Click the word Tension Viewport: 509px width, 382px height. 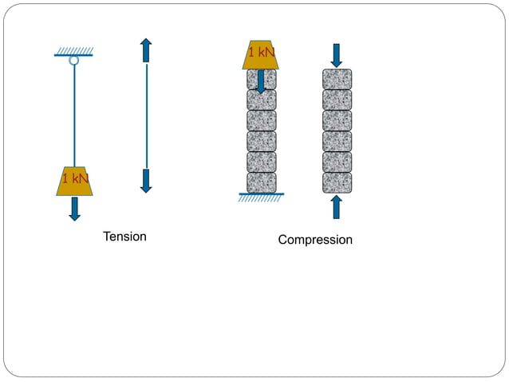124,237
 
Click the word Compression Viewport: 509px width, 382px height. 315,240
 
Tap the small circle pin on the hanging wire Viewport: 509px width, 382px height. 74,60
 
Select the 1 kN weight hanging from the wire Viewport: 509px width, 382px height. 75,181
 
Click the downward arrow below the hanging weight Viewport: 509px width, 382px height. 75,209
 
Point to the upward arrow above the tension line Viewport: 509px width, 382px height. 146,50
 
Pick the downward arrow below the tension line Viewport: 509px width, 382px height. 146,181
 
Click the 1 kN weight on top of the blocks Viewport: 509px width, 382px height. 261,54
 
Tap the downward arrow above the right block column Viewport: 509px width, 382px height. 337,55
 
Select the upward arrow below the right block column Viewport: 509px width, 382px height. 337,206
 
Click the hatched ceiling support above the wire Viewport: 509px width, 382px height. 74,51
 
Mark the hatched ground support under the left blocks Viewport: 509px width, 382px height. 261,197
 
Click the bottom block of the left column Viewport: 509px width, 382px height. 261,183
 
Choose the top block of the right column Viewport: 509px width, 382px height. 337,79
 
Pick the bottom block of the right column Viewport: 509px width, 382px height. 337,183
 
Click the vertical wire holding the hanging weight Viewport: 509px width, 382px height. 74,116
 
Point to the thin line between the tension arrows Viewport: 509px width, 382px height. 146,116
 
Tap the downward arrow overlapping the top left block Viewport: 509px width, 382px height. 261,82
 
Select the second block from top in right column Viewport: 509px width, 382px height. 337,100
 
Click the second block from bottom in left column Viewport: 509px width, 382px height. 261,162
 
